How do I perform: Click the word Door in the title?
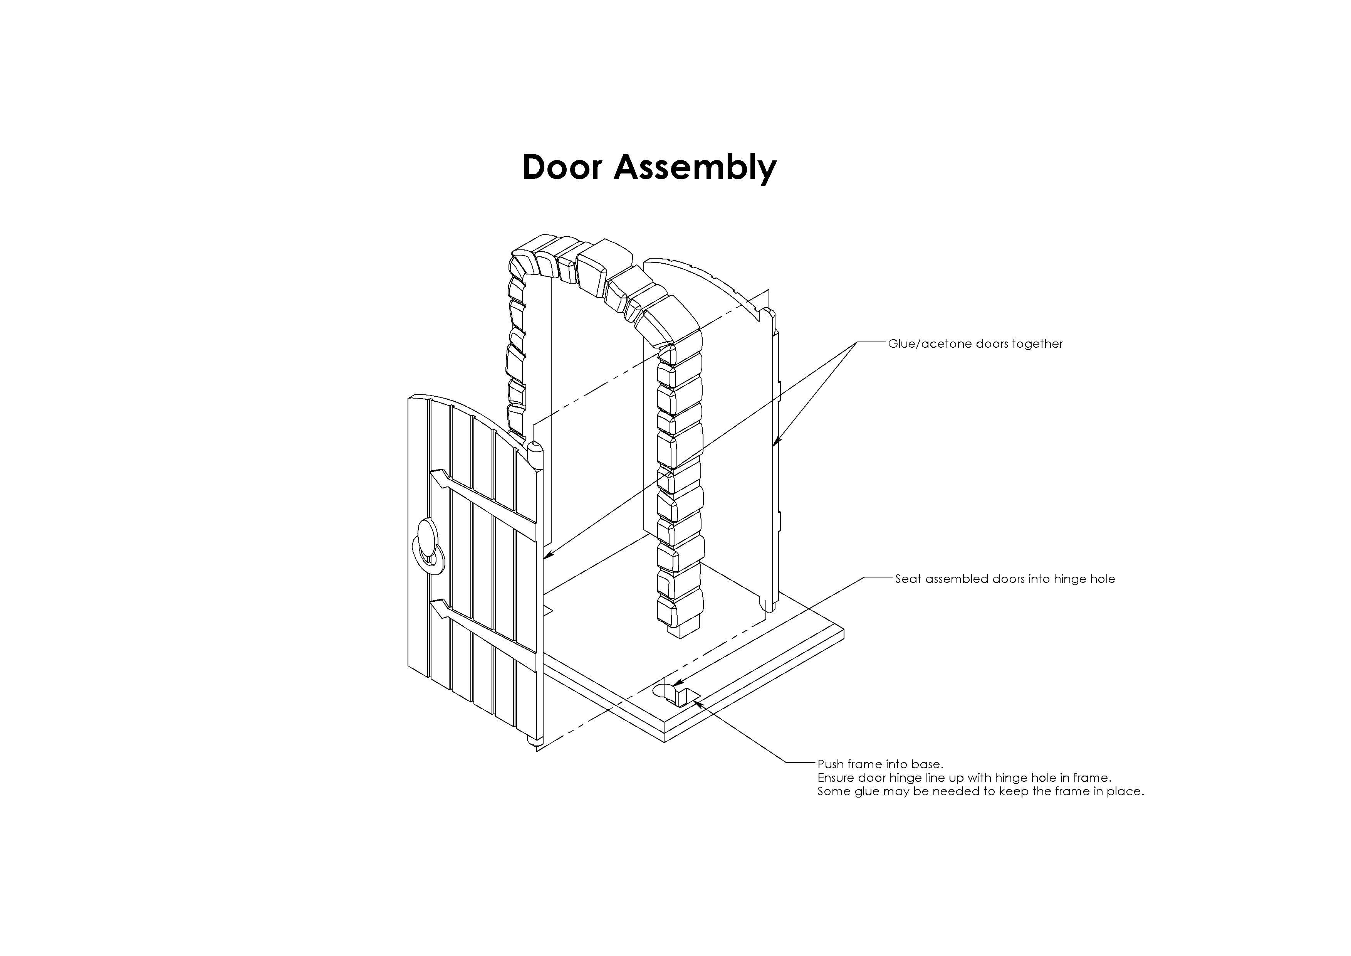coord(562,167)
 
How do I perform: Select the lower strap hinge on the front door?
coord(482,636)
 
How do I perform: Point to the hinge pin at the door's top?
coord(534,455)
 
